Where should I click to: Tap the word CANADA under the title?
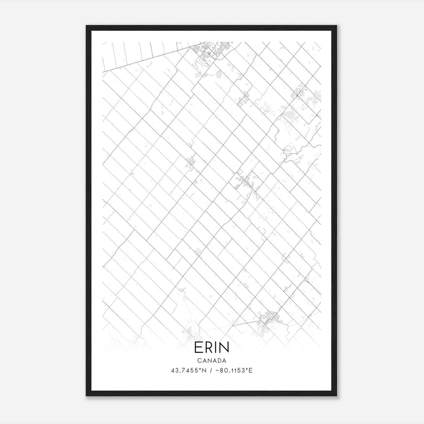[212, 361]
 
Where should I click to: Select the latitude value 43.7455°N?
[188, 370]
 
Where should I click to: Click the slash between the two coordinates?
[211, 370]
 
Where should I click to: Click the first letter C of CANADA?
[199, 361]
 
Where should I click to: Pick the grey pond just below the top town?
[219, 75]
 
